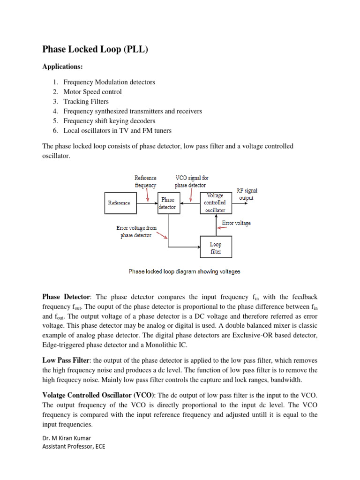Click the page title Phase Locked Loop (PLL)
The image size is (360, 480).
tap(95, 49)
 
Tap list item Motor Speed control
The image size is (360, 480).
tap(92, 92)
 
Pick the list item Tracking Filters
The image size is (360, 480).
tap(86, 101)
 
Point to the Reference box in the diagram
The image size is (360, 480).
tap(119, 203)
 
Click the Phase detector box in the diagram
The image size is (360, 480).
tap(168, 203)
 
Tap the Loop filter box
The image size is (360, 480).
tap(216, 247)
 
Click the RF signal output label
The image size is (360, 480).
tap(247, 194)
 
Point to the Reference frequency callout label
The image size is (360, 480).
tap(145, 181)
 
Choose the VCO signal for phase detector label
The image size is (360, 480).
tap(192, 181)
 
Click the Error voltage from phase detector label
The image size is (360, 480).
tap(136, 232)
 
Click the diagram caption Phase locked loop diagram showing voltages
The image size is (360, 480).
tap(184, 271)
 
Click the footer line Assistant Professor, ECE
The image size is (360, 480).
tap(74, 446)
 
